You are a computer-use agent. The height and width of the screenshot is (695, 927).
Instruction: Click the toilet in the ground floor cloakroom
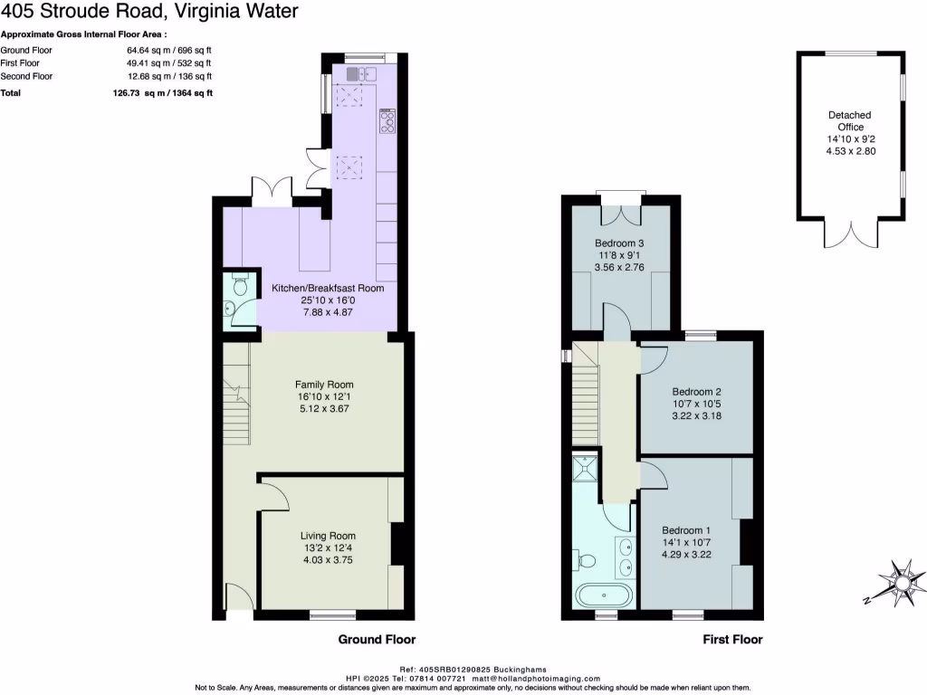240,285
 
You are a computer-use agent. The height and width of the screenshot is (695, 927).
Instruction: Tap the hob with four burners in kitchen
387,121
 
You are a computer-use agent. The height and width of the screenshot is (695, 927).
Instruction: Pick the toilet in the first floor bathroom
584,561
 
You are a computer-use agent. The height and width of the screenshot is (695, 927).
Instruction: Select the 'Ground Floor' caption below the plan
377,640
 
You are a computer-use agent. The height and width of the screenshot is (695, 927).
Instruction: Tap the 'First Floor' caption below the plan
732,640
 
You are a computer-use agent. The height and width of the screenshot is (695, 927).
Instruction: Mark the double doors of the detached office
849,234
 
